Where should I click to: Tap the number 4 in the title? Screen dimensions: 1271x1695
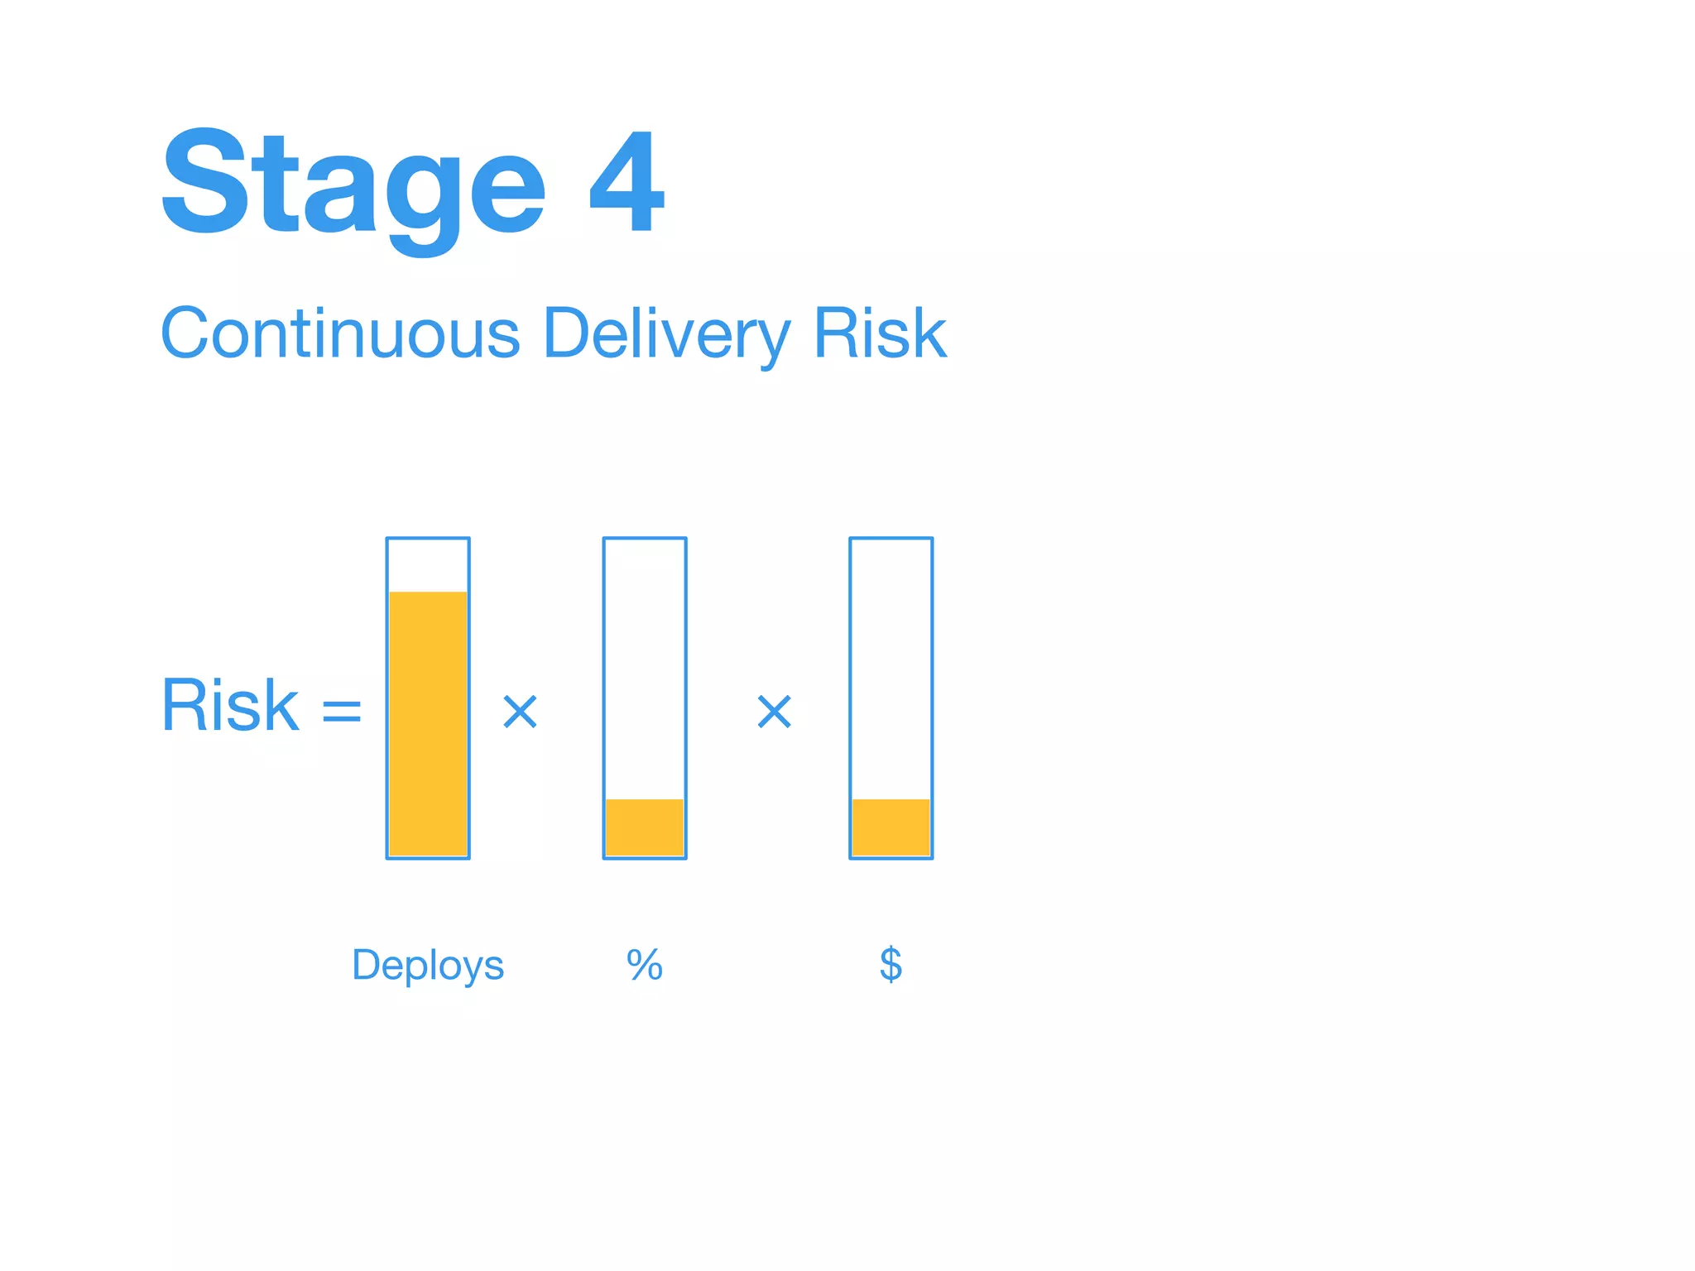(627, 182)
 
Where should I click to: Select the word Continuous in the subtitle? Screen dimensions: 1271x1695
(339, 333)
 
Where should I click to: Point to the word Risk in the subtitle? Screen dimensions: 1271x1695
(880, 333)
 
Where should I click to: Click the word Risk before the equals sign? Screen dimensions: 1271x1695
(230, 706)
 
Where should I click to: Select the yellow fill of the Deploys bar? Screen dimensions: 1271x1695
(428, 724)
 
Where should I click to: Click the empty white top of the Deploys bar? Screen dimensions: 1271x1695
(428, 565)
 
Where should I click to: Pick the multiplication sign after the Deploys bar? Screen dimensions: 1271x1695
(521, 712)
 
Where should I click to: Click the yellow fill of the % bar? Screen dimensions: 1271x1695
(645, 827)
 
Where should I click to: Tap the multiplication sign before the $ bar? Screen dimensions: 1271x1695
(775, 712)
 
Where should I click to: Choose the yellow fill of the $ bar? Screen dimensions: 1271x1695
(891, 827)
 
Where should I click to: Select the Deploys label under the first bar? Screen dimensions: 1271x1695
(428, 966)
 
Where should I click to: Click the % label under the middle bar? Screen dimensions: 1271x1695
(645, 965)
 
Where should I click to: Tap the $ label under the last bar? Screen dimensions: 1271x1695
(891, 965)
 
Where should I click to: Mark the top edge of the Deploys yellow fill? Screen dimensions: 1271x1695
(428, 592)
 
